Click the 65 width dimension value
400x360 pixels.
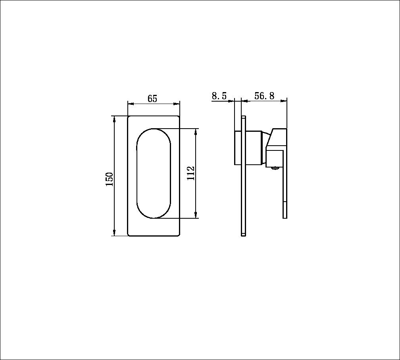[x=152, y=99]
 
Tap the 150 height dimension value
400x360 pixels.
[x=109, y=179]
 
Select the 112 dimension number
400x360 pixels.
[x=191, y=173]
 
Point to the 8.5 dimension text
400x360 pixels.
[x=219, y=96]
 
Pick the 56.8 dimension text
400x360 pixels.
[x=265, y=96]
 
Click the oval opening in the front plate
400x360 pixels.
[x=154, y=173]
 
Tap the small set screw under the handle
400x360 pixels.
[x=274, y=168]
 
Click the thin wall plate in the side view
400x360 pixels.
[x=244, y=175]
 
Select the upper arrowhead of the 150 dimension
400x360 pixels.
[x=114, y=119]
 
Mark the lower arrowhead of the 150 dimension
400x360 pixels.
[x=114, y=233]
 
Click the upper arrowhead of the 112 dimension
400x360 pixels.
[x=196, y=131]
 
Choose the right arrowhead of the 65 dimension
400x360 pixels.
[x=177, y=104]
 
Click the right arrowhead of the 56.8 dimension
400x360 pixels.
[x=284, y=101]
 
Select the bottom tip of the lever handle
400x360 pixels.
[x=285, y=217]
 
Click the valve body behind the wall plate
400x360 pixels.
[x=238, y=147]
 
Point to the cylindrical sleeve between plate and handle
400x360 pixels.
[x=256, y=147]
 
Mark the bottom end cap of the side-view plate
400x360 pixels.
[x=244, y=235]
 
